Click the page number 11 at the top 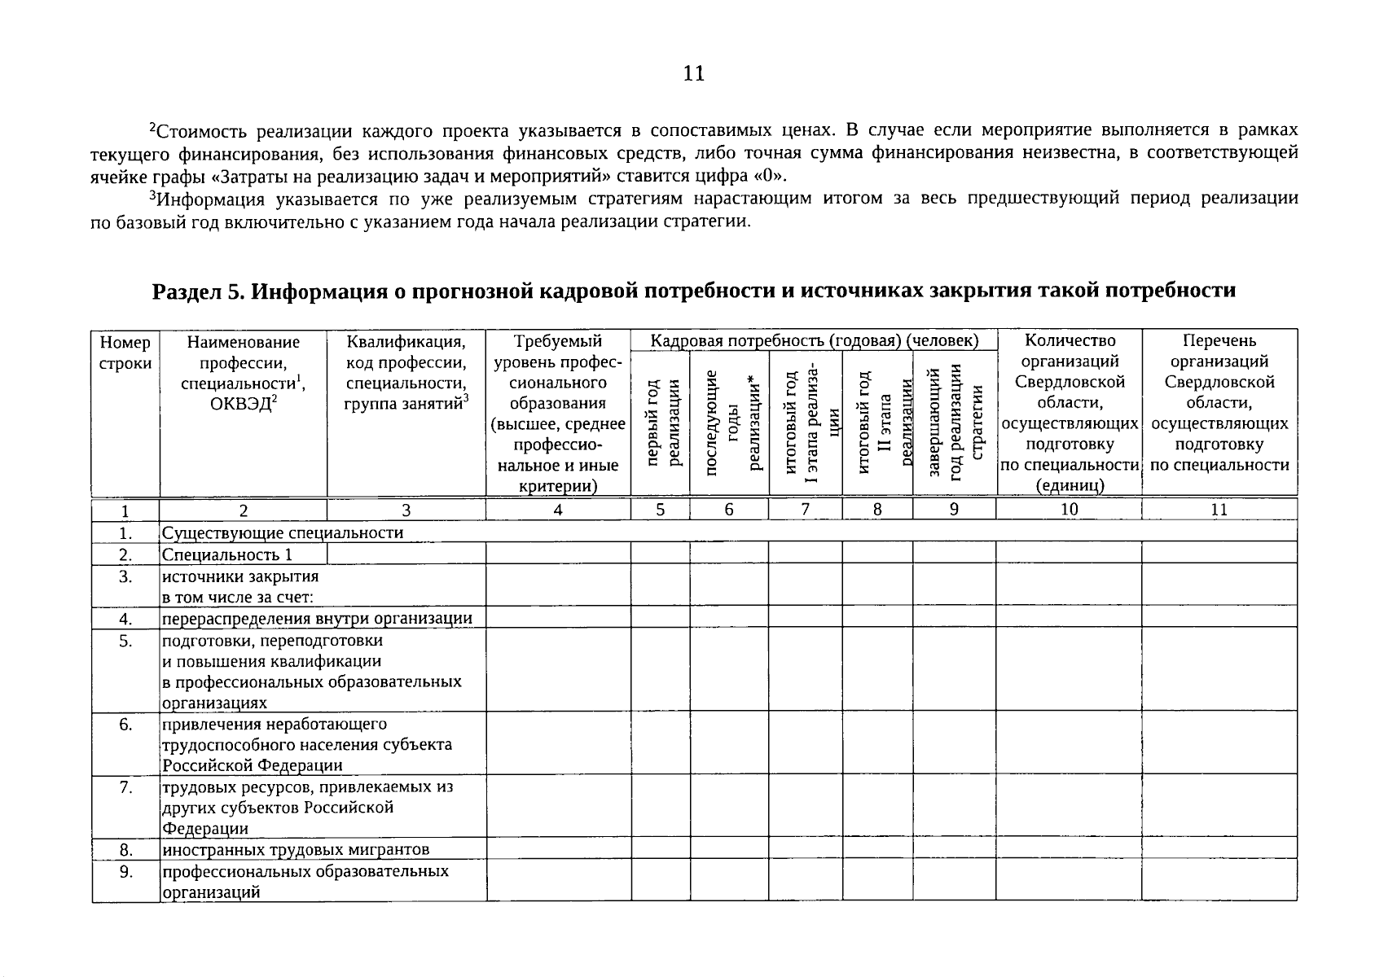(693, 74)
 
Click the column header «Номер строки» (125, 353)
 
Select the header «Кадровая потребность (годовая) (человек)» (814, 341)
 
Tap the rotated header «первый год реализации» (661, 423)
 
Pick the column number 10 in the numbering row (1069, 510)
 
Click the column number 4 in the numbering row (558, 510)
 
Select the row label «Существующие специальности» (283, 533)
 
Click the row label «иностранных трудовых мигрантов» (295, 850)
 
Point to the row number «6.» (125, 724)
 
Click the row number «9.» (125, 871)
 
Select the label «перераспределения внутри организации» (317, 618)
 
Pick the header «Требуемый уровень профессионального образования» (558, 414)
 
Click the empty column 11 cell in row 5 (1219, 669)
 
